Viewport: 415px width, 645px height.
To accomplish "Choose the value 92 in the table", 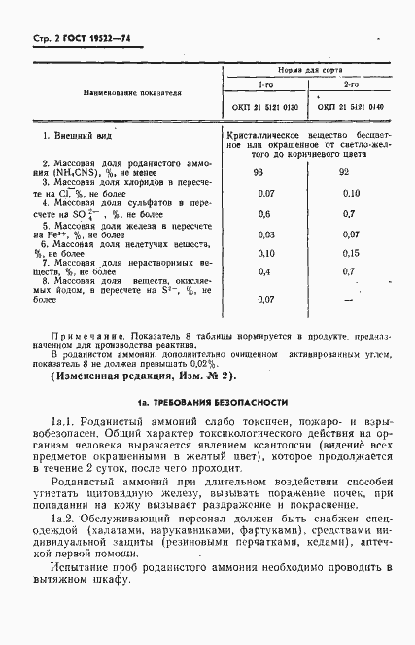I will (x=344, y=172).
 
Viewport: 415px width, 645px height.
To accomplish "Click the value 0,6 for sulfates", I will (x=263, y=214).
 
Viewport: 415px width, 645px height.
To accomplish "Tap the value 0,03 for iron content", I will (x=264, y=234).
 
